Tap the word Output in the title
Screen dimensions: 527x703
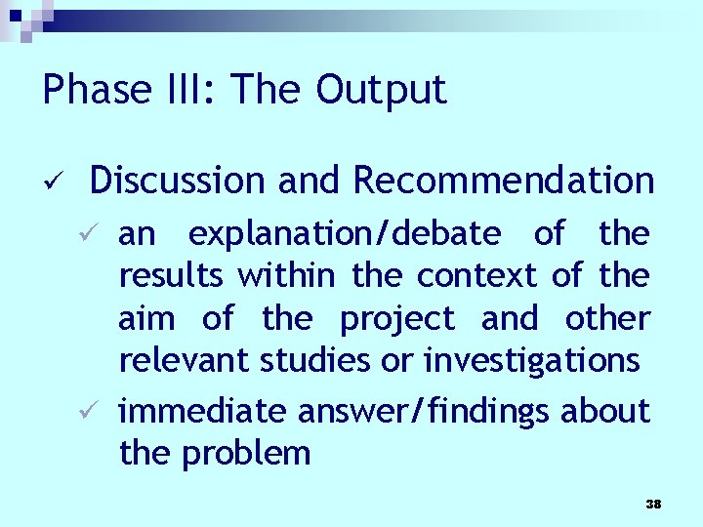pos(381,90)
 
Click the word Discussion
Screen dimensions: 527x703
pos(177,181)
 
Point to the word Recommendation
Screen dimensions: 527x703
pos(503,181)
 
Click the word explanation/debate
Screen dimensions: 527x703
pos(345,234)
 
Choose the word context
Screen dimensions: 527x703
pos(476,276)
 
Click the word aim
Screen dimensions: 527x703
pos(146,318)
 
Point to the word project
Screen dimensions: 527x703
pos(396,319)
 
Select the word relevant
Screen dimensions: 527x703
pos(185,360)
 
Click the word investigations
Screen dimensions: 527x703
pos(531,361)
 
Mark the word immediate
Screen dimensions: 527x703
pos(202,412)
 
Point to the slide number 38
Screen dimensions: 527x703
pos(653,505)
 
